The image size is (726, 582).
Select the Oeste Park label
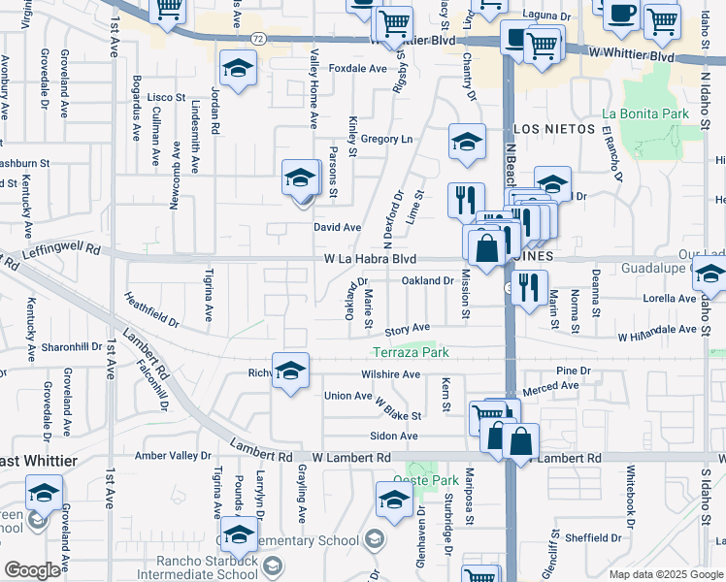(425, 480)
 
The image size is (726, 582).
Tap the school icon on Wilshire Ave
(290, 372)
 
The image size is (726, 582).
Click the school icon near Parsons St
(301, 178)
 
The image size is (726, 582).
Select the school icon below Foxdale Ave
(235, 69)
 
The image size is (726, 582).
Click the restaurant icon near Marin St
(529, 286)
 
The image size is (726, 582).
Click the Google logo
(32, 569)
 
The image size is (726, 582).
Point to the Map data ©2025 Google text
(666, 574)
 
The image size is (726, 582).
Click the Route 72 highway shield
(256, 38)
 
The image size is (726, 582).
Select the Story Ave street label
(407, 330)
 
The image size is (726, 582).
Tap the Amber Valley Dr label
(173, 455)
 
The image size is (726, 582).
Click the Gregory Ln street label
(386, 140)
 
